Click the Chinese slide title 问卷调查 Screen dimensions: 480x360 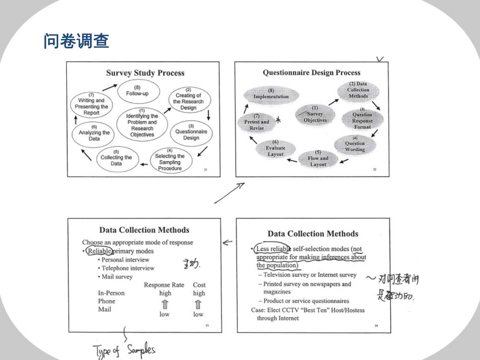tap(76, 41)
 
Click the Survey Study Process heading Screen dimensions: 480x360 tap(145, 73)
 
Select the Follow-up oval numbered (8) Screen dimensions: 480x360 tap(137, 91)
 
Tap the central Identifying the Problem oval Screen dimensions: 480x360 tap(142, 123)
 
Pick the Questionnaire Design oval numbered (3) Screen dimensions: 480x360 tap(191, 132)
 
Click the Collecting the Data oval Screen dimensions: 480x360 tap(116, 158)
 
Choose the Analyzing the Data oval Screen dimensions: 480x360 tap(94, 133)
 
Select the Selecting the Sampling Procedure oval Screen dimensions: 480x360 tap(170, 160)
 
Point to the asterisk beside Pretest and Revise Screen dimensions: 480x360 tap(278, 120)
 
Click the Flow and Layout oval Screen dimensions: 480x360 tap(318, 159)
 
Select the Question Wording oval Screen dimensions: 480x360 tap(355, 144)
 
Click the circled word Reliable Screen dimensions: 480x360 tap(99, 251)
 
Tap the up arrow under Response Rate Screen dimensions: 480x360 tap(165, 304)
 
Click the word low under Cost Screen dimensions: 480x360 tap(198, 314)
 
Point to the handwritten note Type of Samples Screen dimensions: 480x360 tap(124, 350)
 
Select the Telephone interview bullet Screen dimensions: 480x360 tap(128, 268)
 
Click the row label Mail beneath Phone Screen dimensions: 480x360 tap(104, 309)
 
